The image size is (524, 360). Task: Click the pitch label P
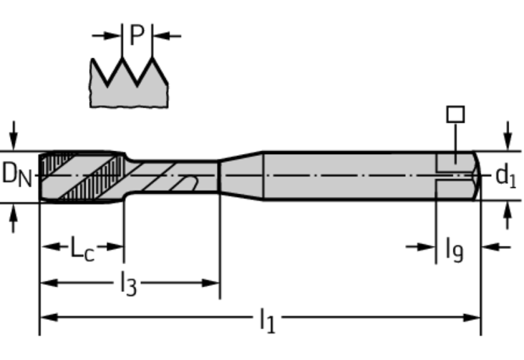coord(138,35)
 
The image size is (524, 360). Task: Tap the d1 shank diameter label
coord(506,176)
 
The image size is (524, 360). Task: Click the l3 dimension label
coord(127,284)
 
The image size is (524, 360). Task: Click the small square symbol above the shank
coord(455,114)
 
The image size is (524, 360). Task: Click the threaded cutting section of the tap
coord(81,176)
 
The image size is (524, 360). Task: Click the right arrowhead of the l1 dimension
coord(472,318)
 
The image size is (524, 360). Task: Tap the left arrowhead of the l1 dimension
coord(48,318)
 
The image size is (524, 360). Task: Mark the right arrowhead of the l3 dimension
coord(212,283)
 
